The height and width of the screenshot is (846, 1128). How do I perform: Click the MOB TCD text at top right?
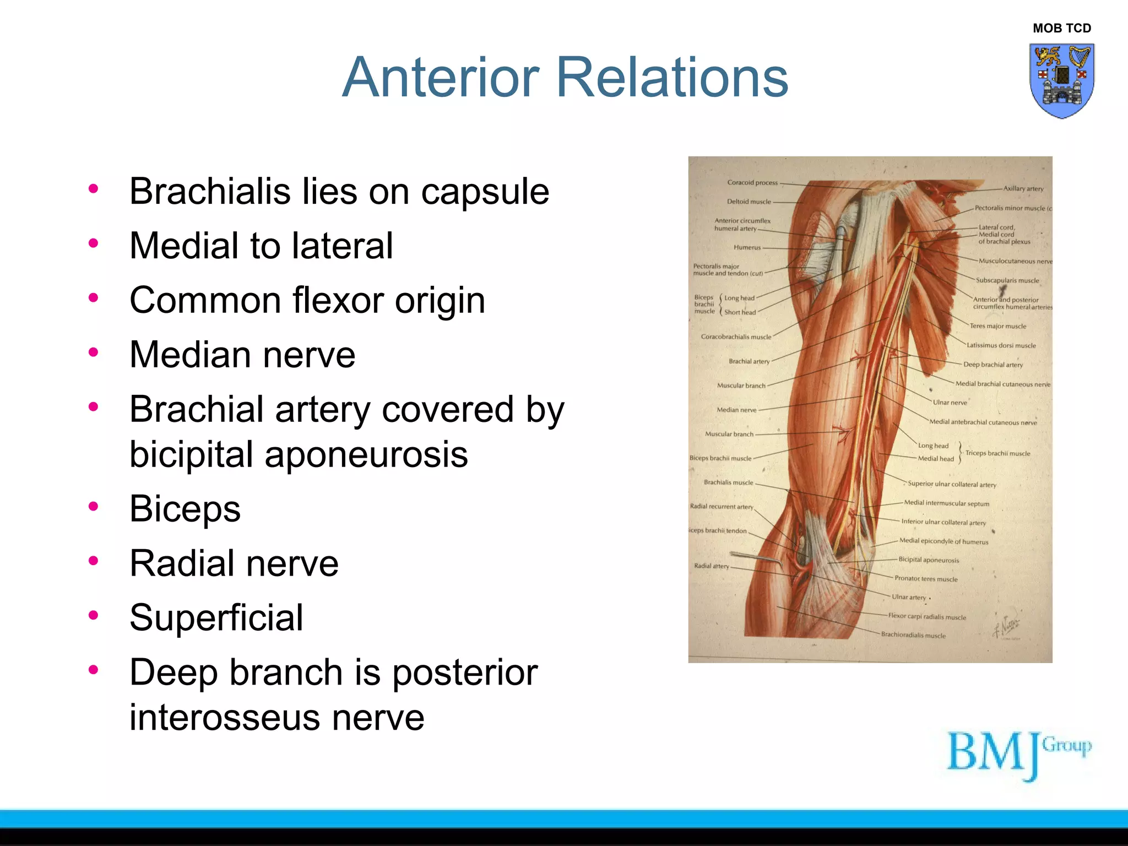click(x=1061, y=28)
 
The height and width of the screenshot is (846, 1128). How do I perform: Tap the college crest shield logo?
click(x=1061, y=80)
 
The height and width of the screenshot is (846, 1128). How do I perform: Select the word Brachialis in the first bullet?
click(x=210, y=192)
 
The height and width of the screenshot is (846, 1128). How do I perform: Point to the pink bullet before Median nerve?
click(x=93, y=352)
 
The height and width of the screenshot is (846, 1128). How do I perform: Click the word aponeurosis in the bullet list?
click(x=366, y=455)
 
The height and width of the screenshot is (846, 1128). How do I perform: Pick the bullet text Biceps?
click(x=185, y=508)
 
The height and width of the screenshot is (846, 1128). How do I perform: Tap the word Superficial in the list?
click(x=216, y=617)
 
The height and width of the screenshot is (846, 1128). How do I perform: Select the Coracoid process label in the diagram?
click(x=752, y=182)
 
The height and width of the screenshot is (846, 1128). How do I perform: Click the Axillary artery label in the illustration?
click(x=1023, y=188)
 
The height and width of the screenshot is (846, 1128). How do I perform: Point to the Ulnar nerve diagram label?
click(x=950, y=403)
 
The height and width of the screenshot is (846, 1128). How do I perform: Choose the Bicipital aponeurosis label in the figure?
click(x=929, y=560)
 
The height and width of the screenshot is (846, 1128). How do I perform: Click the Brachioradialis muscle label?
click(x=913, y=635)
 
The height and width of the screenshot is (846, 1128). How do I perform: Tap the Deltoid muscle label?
click(x=749, y=202)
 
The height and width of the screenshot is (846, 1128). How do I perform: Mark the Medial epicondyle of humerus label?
click(x=943, y=541)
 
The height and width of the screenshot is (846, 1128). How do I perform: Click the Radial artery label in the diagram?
click(x=711, y=566)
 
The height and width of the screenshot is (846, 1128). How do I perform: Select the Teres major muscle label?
click(x=997, y=326)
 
